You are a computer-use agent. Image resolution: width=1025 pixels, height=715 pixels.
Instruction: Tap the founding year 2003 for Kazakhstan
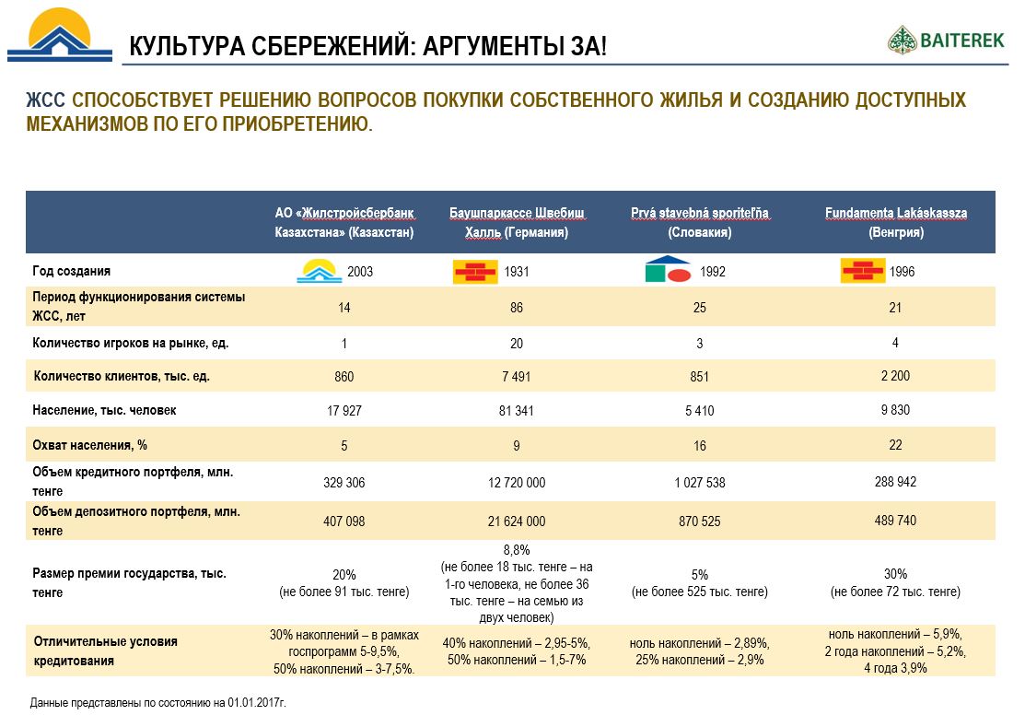click(x=361, y=272)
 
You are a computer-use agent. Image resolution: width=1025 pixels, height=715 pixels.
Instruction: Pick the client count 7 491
click(x=516, y=377)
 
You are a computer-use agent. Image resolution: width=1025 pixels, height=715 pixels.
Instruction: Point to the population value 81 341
click(x=516, y=411)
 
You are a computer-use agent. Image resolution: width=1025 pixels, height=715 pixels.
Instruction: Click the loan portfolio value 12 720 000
click(x=516, y=483)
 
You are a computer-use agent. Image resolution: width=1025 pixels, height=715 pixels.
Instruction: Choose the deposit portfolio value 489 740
click(x=894, y=521)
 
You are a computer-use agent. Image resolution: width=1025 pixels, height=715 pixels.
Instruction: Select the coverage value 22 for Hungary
click(x=894, y=444)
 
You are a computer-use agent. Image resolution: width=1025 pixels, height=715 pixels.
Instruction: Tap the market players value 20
click(x=516, y=344)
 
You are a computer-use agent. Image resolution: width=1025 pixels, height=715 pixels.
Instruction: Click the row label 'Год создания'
click(x=72, y=272)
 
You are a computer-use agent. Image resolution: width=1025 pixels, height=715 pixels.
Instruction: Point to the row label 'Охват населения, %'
click(x=90, y=445)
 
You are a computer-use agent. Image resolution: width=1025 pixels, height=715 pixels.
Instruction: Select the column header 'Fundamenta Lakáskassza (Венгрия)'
click(x=895, y=223)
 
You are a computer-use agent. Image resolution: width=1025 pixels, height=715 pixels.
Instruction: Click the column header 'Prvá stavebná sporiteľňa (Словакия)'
click(x=699, y=223)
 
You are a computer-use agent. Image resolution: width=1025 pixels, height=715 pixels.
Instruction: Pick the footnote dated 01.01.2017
click(x=158, y=703)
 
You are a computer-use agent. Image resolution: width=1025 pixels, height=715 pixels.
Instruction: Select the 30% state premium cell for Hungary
click(x=894, y=582)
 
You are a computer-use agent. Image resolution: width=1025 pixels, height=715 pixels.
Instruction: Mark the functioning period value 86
click(x=516, y=308)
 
